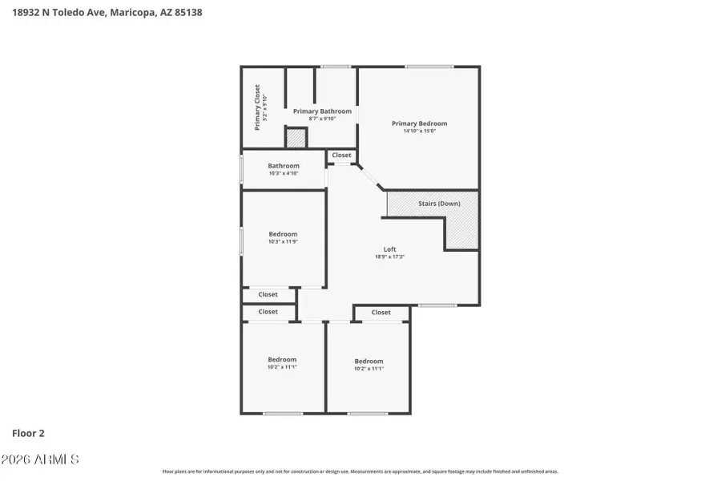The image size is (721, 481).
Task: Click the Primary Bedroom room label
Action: click(x=419, y=123)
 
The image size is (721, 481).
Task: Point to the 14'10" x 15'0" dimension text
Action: click(x=419, y=131)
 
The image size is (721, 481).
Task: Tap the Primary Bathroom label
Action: click(x=322, y=111)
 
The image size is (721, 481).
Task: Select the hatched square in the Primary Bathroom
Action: click(x=296, y=138)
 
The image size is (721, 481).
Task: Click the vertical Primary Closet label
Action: click(x=257, y=107)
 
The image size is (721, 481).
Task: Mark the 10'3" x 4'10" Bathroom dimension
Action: click(x=284, y=173)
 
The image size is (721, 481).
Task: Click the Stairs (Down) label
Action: click(x=439, y=204)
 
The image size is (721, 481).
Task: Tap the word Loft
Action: click(x=390, y=249)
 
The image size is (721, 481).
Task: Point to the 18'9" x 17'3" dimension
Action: click(x=390, y=257)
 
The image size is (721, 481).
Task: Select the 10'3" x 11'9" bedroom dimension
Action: click(x=284, y=241)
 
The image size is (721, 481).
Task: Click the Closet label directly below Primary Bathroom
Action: click(x=341, y=156)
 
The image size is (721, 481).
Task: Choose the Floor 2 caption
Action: click(x=28, y=433)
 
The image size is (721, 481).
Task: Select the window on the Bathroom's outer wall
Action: click(x=242, y=170)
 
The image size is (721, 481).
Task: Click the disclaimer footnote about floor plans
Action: click(x=360, y=471)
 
